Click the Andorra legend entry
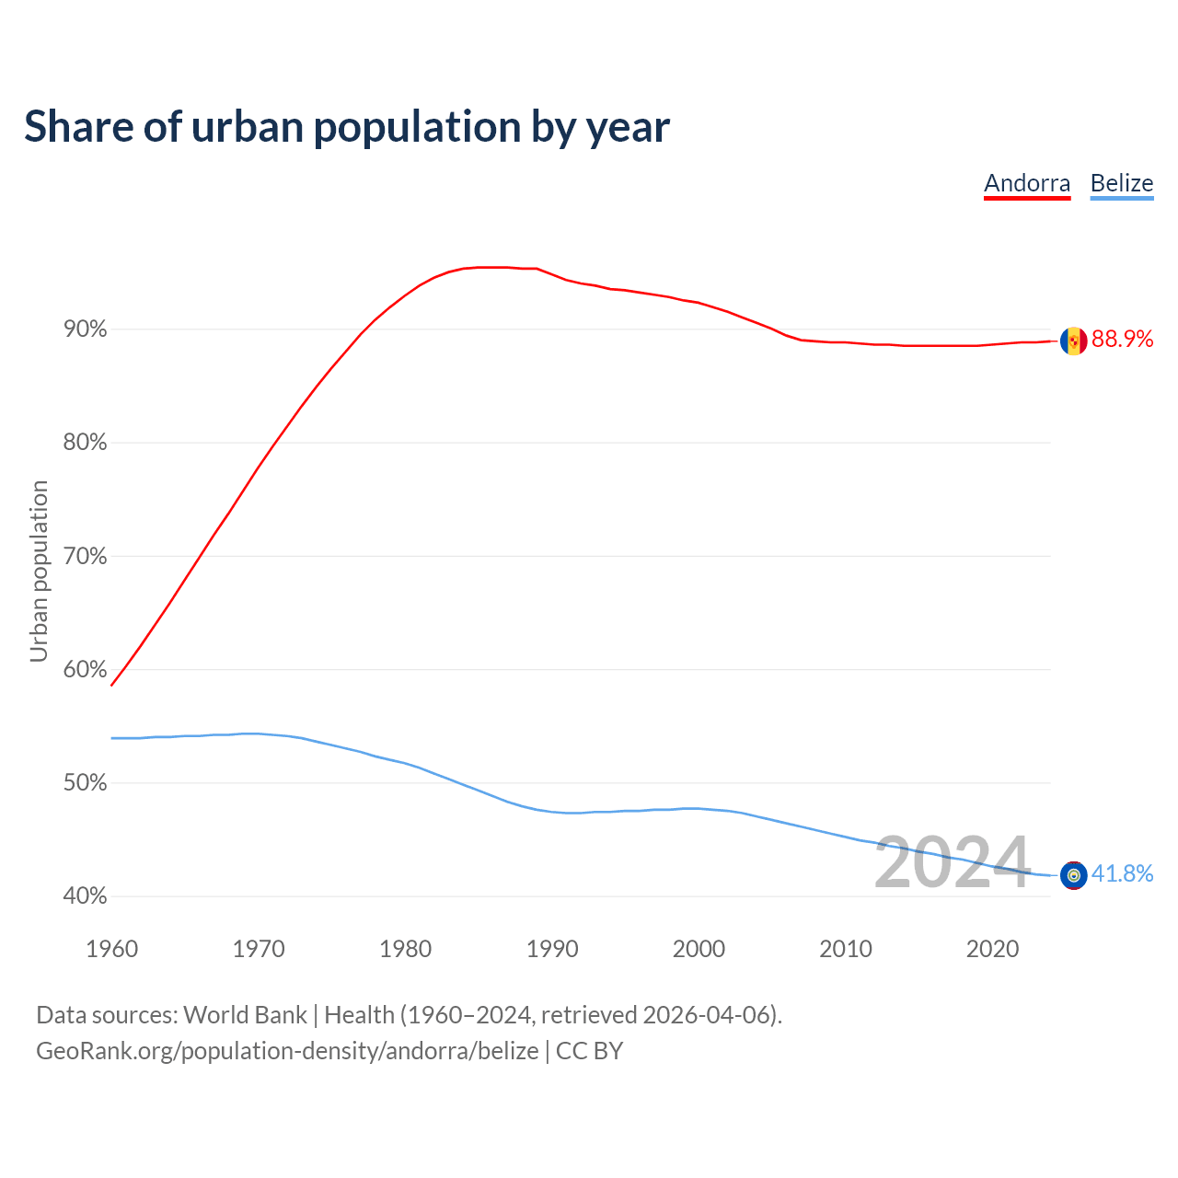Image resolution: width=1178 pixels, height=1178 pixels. (1027, 183)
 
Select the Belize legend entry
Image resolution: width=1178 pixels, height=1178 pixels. (1121, 183)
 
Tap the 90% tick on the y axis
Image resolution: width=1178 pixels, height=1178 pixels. (86, 329)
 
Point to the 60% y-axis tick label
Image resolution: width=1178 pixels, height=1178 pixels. (86, 670)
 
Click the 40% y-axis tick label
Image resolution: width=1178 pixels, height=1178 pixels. (86, 896)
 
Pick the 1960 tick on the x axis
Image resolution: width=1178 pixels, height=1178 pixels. (111, 949)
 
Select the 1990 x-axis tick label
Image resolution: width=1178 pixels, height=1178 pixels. (552, 949)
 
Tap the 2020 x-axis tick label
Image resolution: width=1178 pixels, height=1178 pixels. (992, 949)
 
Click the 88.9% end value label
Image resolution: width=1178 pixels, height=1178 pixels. (1122, 340)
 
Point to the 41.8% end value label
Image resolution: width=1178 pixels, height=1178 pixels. (1122, 874)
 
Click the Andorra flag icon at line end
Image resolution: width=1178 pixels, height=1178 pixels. (1073, 341)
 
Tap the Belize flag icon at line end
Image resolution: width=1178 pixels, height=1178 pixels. (1073, 875)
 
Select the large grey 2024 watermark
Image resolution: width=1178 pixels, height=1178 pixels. (952, 863)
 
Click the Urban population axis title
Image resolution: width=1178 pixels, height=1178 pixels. (39, 571)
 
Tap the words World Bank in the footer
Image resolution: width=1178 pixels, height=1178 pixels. (245, 1015)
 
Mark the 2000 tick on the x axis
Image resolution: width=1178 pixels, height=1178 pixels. (699, 949)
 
